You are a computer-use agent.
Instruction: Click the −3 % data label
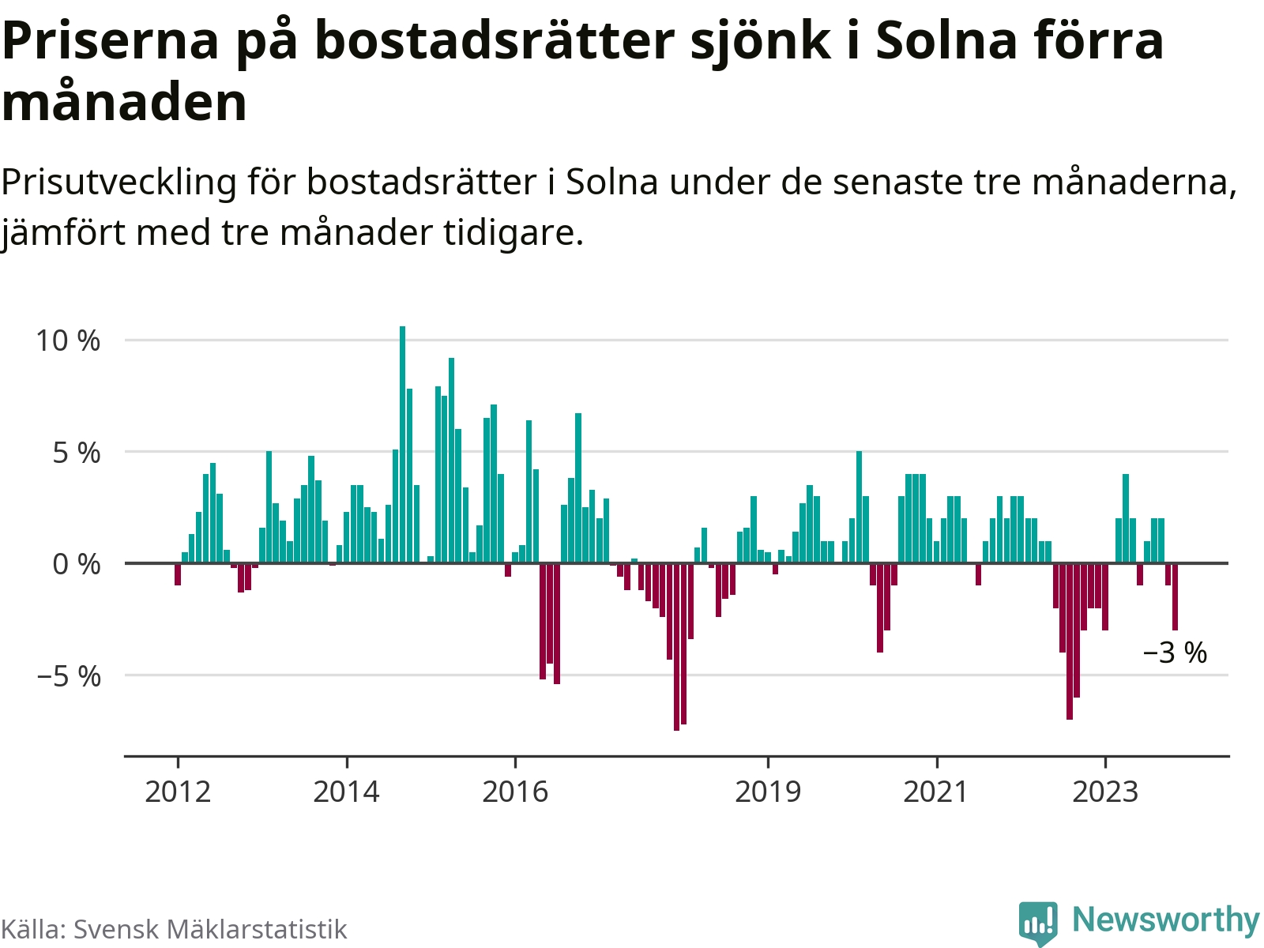[1175, 653]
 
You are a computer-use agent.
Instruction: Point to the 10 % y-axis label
[68, 340]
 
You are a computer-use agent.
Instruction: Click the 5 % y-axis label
[77, 453]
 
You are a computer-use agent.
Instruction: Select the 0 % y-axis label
[77, 564]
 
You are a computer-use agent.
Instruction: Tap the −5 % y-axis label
[68, 676]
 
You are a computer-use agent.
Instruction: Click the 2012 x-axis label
[178, 791]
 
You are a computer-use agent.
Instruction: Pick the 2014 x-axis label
[346, 791]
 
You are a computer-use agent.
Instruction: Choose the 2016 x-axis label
[515, 791]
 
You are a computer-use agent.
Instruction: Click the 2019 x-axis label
[768, 791]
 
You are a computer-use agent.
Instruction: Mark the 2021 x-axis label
[936, 791]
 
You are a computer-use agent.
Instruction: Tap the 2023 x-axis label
[1105, 791]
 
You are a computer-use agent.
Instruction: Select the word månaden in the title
[125, 103]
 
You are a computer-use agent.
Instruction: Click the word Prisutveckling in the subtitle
[118, 182]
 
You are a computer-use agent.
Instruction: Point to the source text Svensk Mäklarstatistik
[210, 929]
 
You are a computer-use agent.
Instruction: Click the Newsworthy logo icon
[1038, 922]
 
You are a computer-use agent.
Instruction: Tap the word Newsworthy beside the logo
[1165, 920]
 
